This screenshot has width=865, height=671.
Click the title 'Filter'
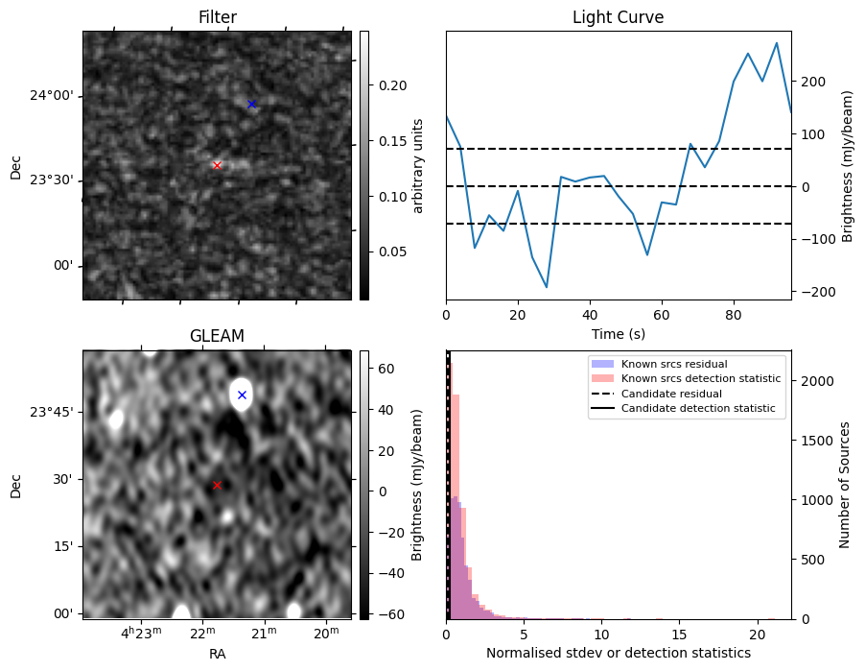217,17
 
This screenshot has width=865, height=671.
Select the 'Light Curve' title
618,17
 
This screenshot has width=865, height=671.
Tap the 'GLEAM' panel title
217,336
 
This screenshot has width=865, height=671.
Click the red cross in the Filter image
217,165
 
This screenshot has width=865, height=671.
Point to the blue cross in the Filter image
251,104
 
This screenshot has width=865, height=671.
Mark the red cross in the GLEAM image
217,486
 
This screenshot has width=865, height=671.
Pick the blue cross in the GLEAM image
242,395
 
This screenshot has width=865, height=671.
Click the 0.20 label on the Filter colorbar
393,85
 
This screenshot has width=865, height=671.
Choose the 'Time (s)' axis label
618,332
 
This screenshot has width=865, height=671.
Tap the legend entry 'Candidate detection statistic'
701,410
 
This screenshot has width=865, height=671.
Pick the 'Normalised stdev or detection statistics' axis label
618,653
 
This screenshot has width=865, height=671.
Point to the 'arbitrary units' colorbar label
418,165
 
